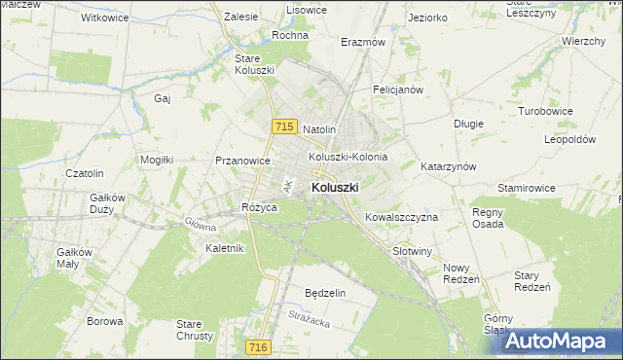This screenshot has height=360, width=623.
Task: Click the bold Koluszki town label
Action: (335, 187)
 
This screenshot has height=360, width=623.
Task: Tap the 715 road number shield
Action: (284, 126)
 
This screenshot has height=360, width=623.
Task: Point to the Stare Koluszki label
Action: (255, 64)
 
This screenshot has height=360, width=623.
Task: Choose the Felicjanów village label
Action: (397, 90)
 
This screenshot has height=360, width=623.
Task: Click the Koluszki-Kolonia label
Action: (348, 157)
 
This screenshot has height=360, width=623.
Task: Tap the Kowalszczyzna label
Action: (401, 217)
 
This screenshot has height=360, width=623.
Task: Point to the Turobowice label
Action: (545, 112)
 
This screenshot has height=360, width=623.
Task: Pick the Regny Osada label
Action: (488, 218)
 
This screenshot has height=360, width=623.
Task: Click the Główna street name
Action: (200, 223)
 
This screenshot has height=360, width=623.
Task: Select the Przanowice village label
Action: (242, 162)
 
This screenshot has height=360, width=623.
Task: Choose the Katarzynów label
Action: (448, 166)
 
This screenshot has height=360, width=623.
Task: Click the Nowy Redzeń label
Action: (461, 273)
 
